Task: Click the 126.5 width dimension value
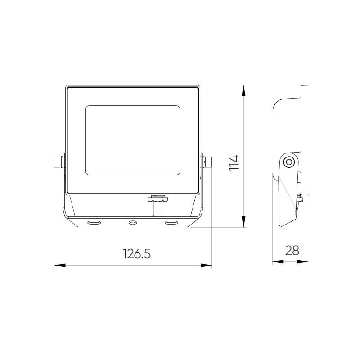(137, 254)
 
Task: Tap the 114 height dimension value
(234, 163)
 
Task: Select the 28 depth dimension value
(292, 251)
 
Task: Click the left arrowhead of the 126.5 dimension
(60, 265)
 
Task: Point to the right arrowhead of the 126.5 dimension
(206, 265)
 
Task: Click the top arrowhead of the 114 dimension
(243, 91)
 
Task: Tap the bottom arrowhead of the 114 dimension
(243, 221)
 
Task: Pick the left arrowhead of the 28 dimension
(278, 261)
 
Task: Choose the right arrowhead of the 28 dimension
(302, 261)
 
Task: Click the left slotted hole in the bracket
(94, 222)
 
